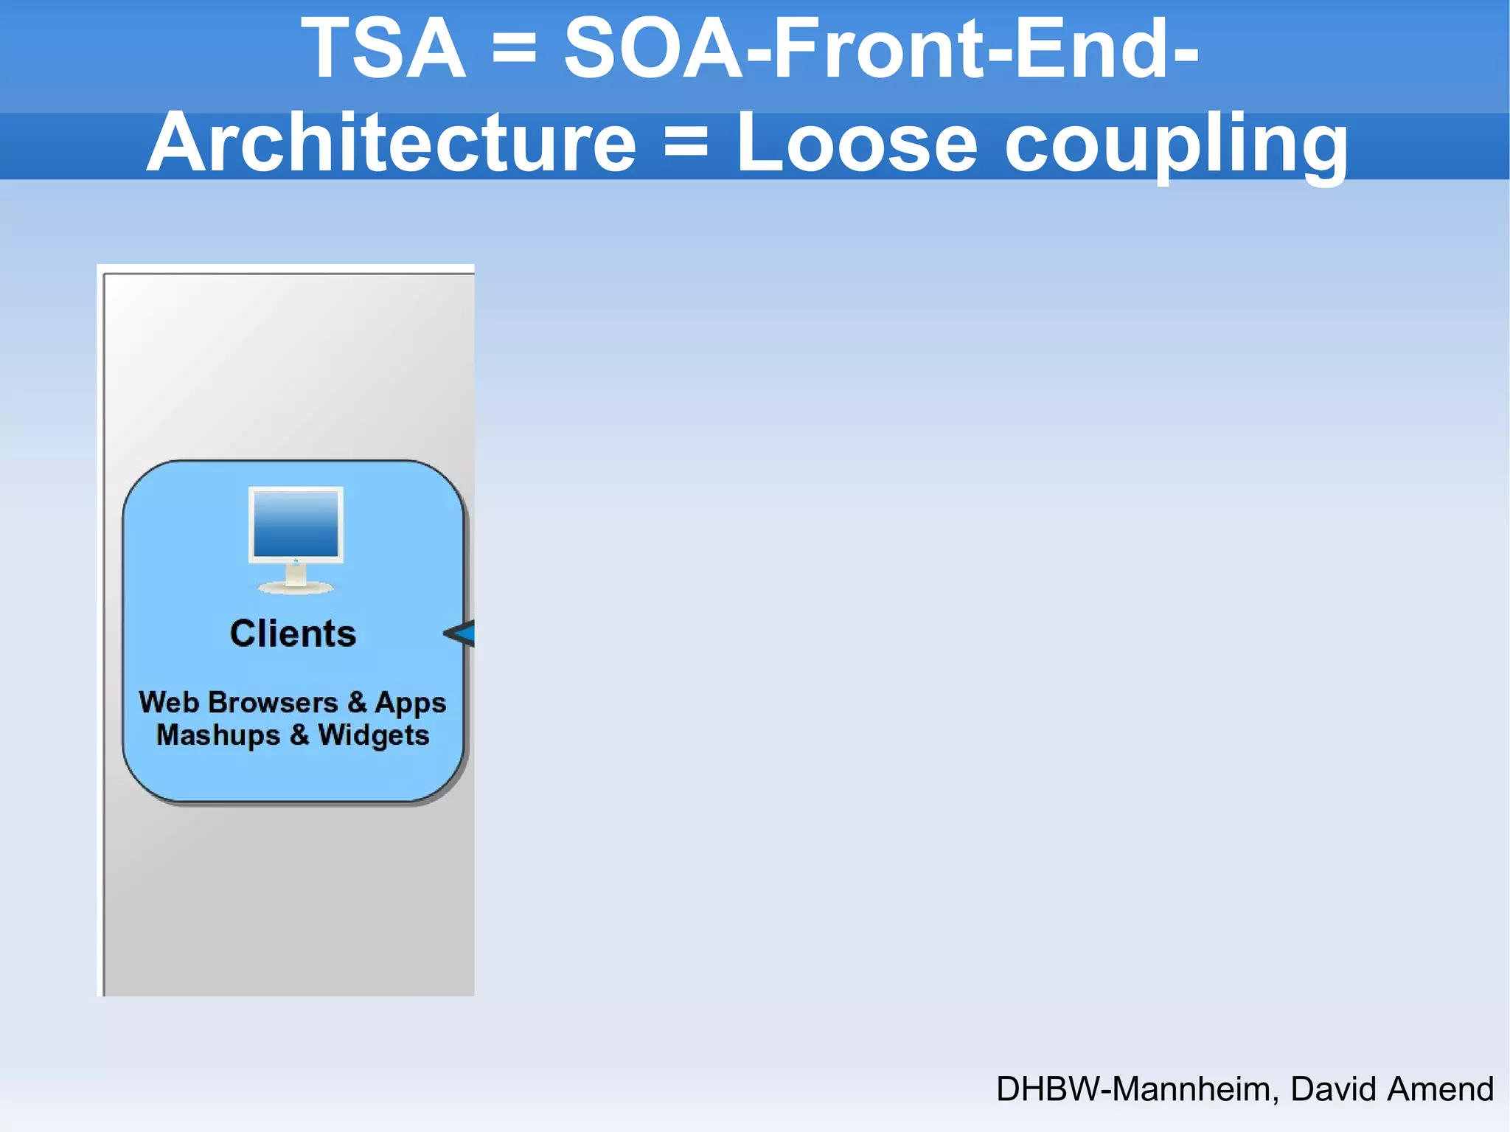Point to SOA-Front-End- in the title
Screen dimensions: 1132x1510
(x=882, y=49)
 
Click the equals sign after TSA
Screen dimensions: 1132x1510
(x=514, y=49)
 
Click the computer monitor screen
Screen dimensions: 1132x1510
(x=296, y=524)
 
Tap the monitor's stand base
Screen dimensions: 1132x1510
(x=296, y=588)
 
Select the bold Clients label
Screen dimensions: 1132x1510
(x=293, y=633)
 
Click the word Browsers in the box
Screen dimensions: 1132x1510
(x=273, y=702)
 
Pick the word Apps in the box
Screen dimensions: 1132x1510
(x=411, y=704)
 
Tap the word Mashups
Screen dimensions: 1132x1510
(x=218, y=736)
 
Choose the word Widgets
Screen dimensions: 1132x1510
(x=374, y=736)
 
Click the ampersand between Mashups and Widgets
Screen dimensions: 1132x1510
(x=299, y=735)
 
